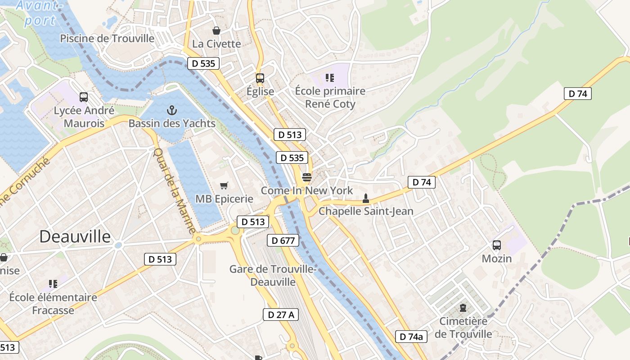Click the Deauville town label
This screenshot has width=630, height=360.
point(75,237)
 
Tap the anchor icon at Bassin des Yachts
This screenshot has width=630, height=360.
point(171,110)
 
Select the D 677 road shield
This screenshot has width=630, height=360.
point(283,240)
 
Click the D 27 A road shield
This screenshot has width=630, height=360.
point(281,315)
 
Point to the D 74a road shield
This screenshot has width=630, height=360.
point(411,337)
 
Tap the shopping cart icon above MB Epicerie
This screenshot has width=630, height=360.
point(224,185)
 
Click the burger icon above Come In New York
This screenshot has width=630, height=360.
point(307,177)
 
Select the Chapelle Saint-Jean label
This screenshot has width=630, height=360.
point(366,211)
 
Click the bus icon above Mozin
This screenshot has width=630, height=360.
point(497,245)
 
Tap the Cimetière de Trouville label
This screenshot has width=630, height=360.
point(463,328)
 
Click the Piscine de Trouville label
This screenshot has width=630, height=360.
point(107,38)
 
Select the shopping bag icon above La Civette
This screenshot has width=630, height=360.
point(216,31)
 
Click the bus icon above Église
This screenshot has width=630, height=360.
point(260,78)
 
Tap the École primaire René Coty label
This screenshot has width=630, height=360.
point(330,97)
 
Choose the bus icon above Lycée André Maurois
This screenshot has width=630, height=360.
point(84,97)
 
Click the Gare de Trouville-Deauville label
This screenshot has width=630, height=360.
point(273,275)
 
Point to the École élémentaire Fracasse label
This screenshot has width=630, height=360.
point(53,304)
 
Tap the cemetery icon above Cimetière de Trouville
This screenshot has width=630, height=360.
point(463,308)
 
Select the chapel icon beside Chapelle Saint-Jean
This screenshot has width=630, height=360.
point(366,198)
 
